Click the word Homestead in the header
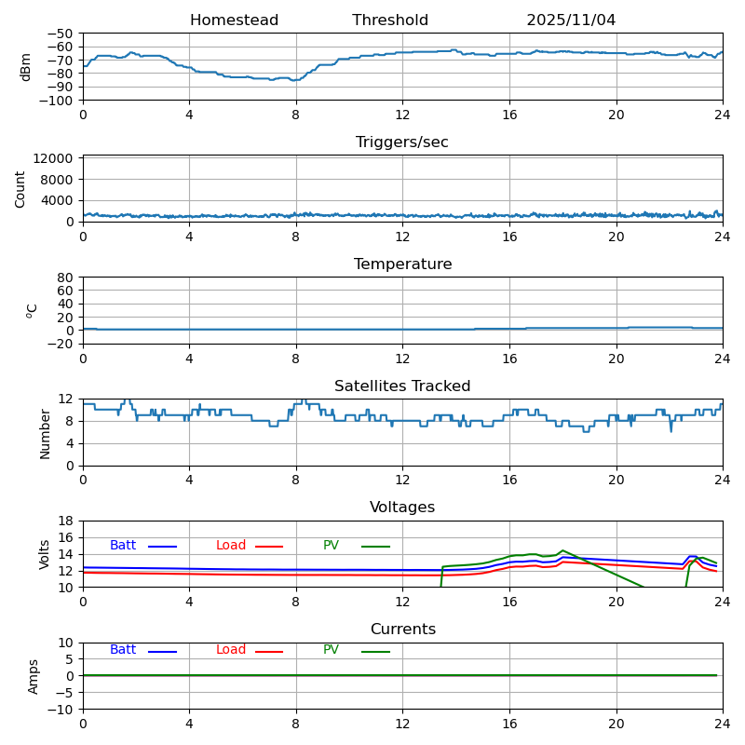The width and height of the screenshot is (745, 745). click(x=234, y=20)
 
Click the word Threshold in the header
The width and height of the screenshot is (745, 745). click(x=390, y=20)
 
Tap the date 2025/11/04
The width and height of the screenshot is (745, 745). click(x=571, y=20)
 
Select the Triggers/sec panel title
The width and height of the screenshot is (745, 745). click(x=402, y=142)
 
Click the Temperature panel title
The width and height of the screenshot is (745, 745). click(x=402, y=264)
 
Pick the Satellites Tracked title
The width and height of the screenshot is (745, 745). click(x=402, y=386)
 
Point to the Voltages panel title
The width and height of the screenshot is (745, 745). click(x=402, y=508)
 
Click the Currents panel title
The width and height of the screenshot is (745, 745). click(x=402, y=630)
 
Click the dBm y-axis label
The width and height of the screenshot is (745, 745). click(x=26, y=67)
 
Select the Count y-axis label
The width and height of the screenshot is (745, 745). click(x=20, y=188)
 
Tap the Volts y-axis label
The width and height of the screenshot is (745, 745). click(x=45, y=554)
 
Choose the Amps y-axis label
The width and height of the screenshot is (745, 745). click(x=34, y=676)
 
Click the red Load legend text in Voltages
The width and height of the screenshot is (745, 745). click(x=231, y=546)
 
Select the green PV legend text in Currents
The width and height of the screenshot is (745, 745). click(x=331, y=650)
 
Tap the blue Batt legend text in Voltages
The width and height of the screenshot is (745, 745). click(x=123, y=546)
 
